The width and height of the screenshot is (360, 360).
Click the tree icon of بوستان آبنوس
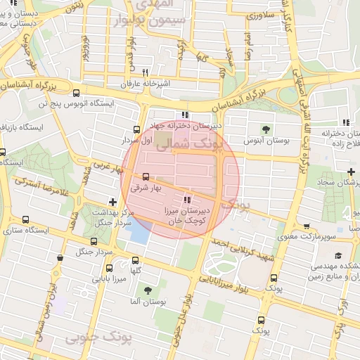tap(266, 129)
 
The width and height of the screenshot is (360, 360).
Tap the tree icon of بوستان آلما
tap(147, 290)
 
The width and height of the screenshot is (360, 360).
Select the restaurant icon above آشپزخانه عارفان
tap(145, 72)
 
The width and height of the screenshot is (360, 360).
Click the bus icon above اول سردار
tap(136, 129)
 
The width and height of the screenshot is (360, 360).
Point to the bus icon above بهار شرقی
tap(146, 176)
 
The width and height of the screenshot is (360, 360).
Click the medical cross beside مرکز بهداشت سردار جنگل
tap(112, 202)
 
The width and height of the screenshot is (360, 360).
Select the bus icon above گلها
tap(136, 260)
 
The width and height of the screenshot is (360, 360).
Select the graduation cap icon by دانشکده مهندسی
tap(338, 255)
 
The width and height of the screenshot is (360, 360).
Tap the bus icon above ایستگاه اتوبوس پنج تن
tap(76, 92)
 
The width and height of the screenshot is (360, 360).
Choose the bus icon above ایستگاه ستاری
tap(26, 219)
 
